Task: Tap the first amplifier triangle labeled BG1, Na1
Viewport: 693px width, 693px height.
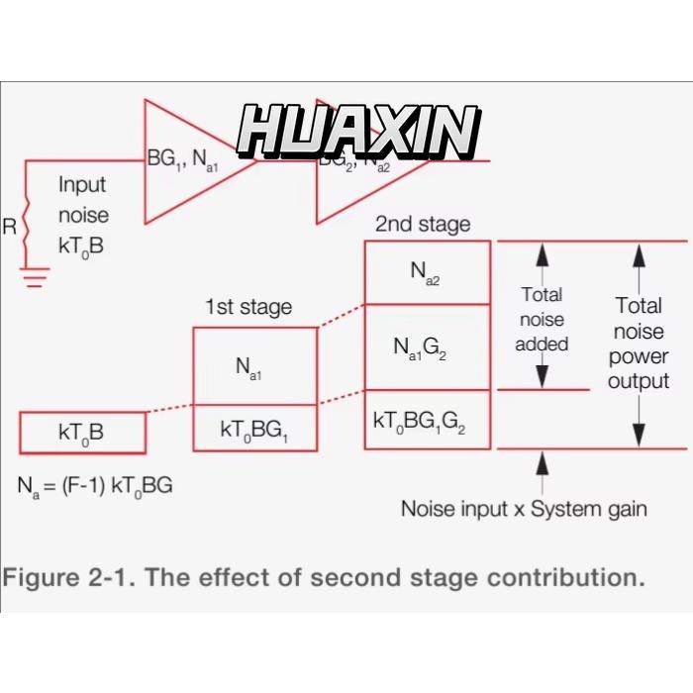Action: point(188,160)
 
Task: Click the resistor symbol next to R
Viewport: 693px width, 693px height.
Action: point(27,227)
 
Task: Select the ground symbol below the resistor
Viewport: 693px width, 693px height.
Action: point(36,275)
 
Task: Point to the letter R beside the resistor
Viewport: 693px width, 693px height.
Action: point(10,227)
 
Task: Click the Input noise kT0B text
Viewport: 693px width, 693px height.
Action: point(83,215)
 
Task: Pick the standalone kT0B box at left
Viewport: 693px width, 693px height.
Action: point(82,433)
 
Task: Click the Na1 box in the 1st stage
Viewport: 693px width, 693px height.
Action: point(254,365)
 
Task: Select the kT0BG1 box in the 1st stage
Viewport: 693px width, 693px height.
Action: point(254,430)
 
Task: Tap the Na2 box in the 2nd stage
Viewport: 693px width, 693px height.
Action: point(427,272)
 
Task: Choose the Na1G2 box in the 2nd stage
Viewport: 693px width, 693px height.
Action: point(427,346)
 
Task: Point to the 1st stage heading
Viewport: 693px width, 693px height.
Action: point(248,307)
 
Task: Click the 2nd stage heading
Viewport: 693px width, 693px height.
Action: point(423,225)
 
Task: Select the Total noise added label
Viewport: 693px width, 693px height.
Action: point(542,319)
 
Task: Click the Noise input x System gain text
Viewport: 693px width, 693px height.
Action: point(524,509)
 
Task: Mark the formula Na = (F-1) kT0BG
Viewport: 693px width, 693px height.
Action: point(95,486)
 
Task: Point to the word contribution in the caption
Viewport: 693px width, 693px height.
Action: point(559,577)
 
